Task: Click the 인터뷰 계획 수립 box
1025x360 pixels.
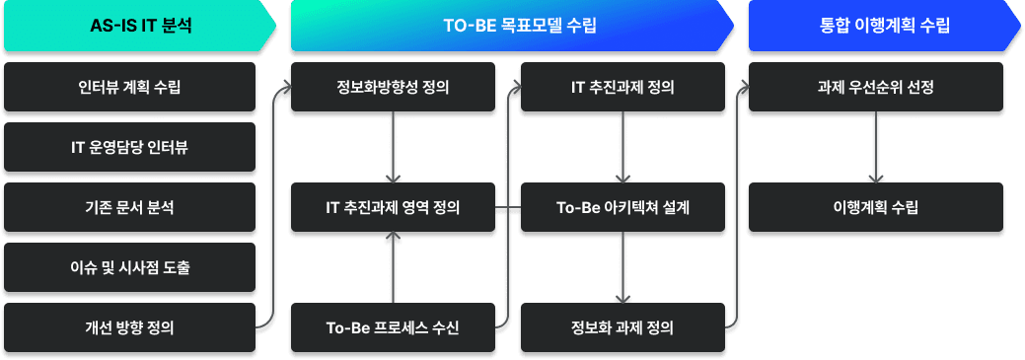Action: (129, 88)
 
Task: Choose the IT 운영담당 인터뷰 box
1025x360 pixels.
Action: (129, 148)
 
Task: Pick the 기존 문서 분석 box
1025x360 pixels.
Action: (129, 207)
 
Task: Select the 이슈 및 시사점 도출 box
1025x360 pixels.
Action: (129, 267)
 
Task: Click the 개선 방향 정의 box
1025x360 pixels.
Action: (129, 327)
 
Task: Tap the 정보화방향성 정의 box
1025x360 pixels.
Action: (393, 88)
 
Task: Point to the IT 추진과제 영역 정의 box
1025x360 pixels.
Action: (393, 208)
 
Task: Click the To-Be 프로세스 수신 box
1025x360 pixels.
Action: (393, 327)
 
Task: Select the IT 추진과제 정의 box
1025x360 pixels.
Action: (622, 88)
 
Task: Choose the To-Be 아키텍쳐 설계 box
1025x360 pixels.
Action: (622, 208)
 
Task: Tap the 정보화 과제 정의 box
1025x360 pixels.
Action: (622, 327)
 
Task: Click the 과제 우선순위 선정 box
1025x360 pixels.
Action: (876, 88)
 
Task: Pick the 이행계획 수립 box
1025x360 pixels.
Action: (876, 208)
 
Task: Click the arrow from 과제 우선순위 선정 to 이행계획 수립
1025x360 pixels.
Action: (876, 148)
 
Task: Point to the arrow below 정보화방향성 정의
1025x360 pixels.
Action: (393, 148)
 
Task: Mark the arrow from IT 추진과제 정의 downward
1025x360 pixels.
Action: (622, 148)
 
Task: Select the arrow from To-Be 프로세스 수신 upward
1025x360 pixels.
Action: (393, 267)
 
